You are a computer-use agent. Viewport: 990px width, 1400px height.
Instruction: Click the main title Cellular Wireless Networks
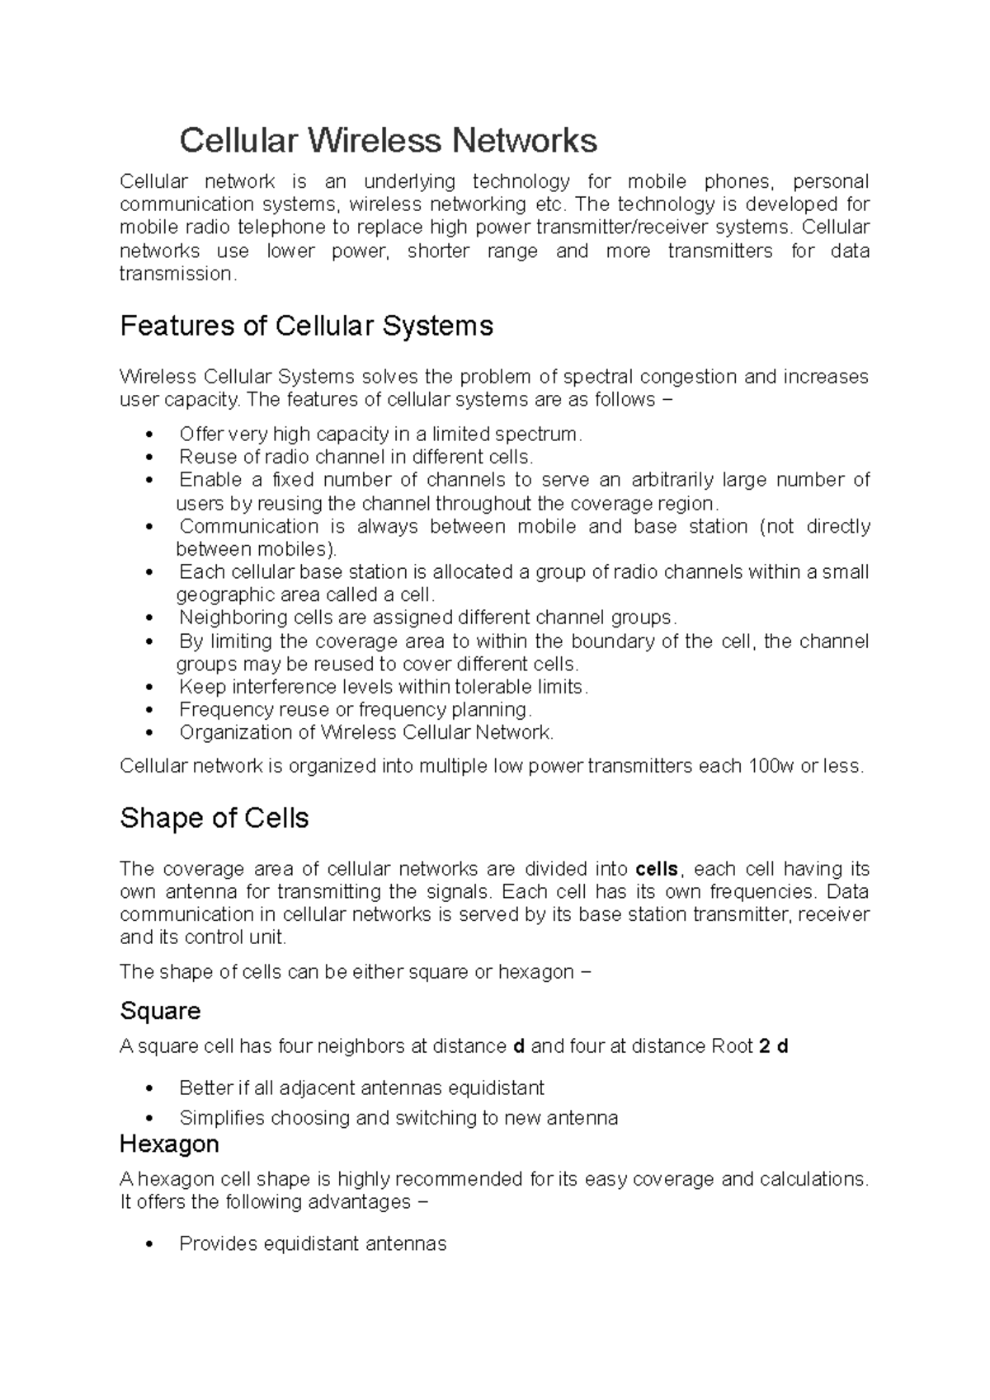click(x=388, y=140)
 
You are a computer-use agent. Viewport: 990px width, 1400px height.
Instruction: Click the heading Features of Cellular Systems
click(x=306, y=326)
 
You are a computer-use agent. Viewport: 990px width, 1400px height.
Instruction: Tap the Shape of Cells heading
click(x=214, y=818)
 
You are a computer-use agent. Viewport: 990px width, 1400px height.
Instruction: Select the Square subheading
click(x=160, y=1011)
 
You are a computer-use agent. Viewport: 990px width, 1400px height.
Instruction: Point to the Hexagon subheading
click(x=169, y=1144)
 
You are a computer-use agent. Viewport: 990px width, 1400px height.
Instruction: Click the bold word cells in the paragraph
click(x=658, y=869)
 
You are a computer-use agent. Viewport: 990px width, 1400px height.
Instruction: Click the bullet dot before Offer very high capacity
click(x=148, y=435)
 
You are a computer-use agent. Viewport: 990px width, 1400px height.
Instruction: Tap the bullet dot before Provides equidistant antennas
click(x=148, y=1245)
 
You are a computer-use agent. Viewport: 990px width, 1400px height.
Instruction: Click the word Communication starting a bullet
click(x=249, y=526)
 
